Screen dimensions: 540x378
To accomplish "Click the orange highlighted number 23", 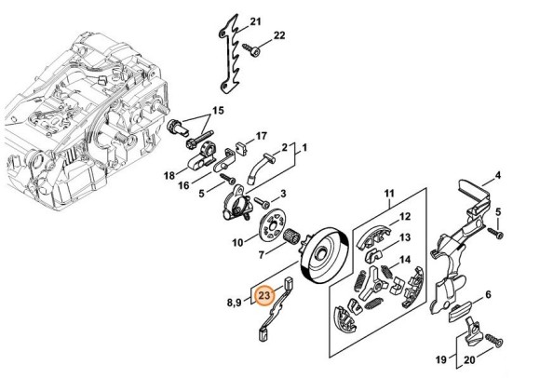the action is click(x=264, y=296).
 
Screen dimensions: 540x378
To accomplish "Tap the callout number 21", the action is click(x=255, y=21).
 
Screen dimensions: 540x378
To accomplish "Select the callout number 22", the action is click(x=279, y=35).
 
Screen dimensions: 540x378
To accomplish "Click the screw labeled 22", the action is click(x=251, y=50).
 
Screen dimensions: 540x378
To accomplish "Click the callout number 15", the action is click(x=218, y=111).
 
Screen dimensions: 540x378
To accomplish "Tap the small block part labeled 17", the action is click(x=242, y=148).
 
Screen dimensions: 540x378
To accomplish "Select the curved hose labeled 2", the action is click(x=260, y=168).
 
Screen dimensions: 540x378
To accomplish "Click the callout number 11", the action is click(x=389, y=193).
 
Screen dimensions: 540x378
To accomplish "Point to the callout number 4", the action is click(x=498, y=175).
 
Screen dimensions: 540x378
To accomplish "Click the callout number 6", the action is click(x=488, y=294).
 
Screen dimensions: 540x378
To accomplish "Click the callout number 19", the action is click(x=441, y=360).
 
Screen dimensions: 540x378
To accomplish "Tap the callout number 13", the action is click(x=405, y=237).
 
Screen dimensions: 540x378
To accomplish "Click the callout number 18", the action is click(x=169, y=176).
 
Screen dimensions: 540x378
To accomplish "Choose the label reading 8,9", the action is click(x=234, y=303).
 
